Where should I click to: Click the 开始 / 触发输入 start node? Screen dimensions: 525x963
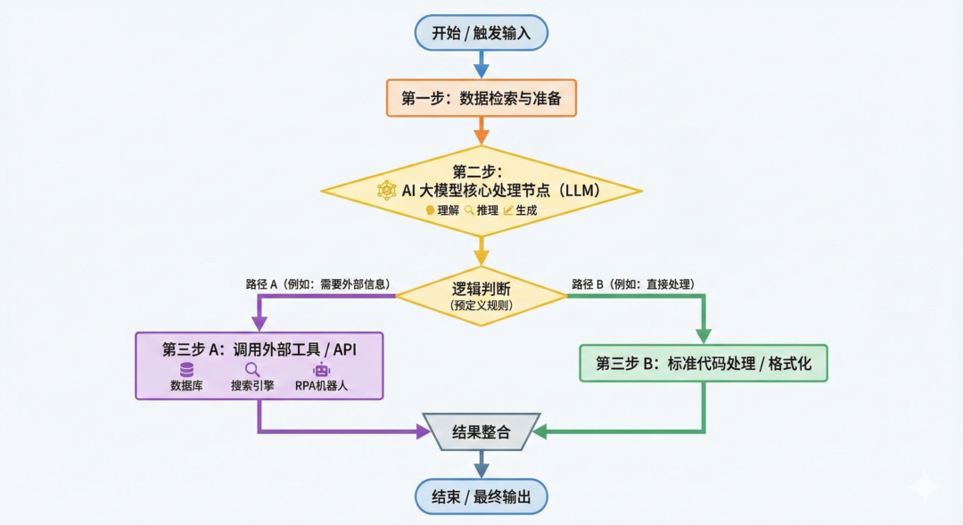481,33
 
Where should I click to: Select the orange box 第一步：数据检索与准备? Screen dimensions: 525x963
481,98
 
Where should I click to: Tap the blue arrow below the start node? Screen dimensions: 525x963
481,65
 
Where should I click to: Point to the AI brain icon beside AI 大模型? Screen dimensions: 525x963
386,190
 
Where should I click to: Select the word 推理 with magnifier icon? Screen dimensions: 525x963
487,211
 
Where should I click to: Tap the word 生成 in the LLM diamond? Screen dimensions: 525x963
526,211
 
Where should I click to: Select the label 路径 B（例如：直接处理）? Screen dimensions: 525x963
632,284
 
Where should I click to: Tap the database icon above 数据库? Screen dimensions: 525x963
186,370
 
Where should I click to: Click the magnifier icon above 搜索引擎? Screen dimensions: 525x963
252,370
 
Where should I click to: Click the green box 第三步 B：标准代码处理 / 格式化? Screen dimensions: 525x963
703,364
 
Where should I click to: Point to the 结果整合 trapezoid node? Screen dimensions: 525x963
481,432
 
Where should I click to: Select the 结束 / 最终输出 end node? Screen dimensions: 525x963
481,496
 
